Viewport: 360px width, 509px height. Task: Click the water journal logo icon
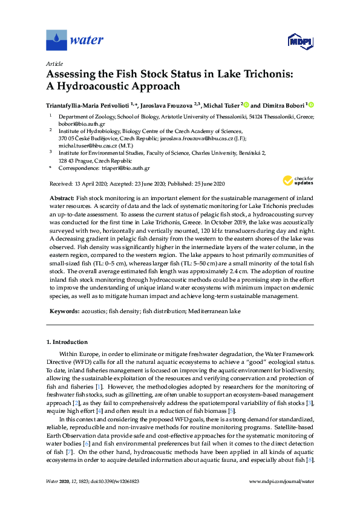56,41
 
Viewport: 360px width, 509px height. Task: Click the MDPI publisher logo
300,41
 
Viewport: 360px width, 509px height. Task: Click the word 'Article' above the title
54,64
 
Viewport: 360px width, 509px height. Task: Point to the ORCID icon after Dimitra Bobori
311,105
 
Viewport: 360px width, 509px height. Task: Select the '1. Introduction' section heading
68,342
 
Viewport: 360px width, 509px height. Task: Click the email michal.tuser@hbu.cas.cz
89,146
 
